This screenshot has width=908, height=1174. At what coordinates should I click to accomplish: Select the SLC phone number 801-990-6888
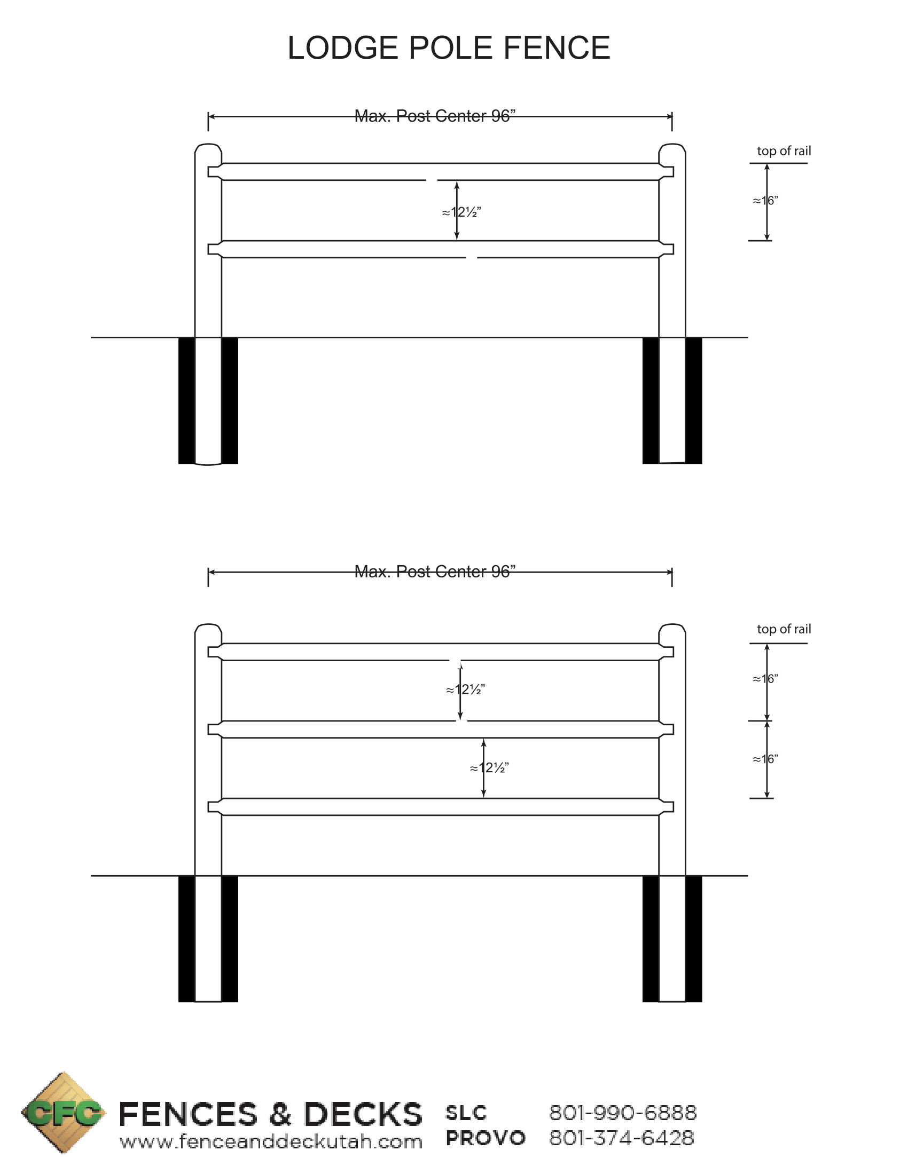(x=622, y=1113)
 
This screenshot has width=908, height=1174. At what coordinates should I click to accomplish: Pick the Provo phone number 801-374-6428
(x=621, y=1138)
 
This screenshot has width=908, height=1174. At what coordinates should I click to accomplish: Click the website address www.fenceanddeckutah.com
(x=271, y=1142)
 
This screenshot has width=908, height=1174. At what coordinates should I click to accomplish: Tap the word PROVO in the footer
(x=485, y=1138)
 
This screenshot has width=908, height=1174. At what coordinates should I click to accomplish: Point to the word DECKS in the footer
(x=363, y=1114)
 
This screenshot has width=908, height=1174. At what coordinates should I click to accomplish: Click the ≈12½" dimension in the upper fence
(x=461, y=212)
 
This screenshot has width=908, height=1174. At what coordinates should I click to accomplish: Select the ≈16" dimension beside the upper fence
(x=765, y=201)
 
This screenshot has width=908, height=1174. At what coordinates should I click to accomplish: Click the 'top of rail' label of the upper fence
(x=783, y=151)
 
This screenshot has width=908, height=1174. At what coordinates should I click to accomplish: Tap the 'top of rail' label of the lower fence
(x=783, y=629)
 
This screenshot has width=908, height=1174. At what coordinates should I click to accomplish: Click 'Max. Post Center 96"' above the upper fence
(x=435, y=116)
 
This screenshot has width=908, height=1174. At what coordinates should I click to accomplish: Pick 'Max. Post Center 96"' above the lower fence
(x=435, y=572)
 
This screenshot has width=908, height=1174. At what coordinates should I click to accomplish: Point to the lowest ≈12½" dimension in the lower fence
(x=489, y=768)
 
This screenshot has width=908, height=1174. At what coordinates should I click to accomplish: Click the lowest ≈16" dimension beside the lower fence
(x=765, y=759)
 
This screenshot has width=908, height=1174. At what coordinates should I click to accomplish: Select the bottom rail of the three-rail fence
(x=440, y=807)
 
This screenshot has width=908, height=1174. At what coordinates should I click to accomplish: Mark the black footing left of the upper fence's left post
(x=186, y=400)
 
